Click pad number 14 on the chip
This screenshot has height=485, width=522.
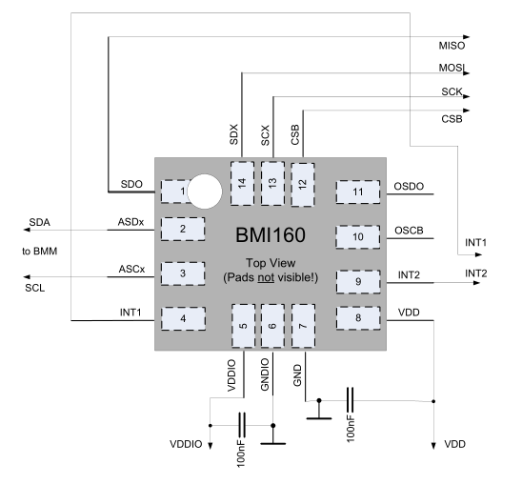tap(242, 183)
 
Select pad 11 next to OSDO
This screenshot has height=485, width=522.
tap(358, 192)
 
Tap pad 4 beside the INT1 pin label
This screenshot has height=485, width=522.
tap(183, 319)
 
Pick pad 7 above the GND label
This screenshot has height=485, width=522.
tap(303, 326)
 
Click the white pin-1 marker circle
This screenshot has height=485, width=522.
tap(205, 192)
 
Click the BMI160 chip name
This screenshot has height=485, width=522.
tap(271, 234)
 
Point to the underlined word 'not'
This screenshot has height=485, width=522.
tap(266, 277)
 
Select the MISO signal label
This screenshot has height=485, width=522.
tap(452, 46)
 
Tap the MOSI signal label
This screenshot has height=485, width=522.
tap(452, 68)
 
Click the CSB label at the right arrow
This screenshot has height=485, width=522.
tap(452, 119)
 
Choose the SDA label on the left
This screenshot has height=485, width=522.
tap(40, 222)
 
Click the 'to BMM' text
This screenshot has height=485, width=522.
tap(40, 252)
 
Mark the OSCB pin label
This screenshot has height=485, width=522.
tap(409, 231)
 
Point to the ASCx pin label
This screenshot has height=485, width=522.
tap(131, 269)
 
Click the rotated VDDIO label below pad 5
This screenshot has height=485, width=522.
tap(231, 375)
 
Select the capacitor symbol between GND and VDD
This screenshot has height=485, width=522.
tap(350, 400)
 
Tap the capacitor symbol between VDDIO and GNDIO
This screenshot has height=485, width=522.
tap(242, 425)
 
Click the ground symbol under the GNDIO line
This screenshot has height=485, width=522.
tap(273, 440)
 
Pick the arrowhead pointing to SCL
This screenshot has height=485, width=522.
tap(27, 277)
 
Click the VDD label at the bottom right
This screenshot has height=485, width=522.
tap(454, 444)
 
